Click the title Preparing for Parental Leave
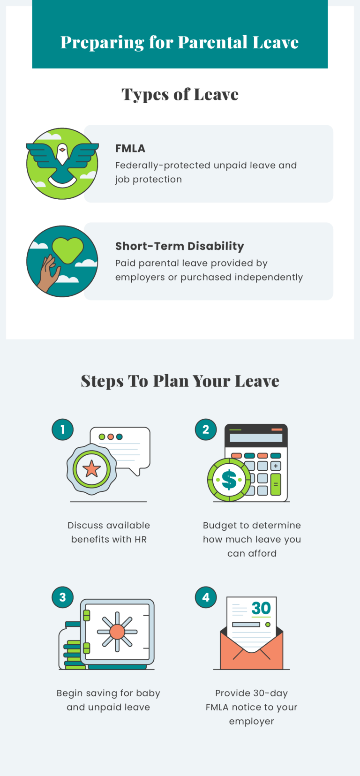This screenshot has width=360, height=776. [180, 42]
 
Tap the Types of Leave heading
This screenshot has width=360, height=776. [180, 94]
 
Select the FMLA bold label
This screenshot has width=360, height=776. [130, 148]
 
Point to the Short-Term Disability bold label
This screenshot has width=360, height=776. [180, 246]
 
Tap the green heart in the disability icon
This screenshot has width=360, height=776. [67, 249]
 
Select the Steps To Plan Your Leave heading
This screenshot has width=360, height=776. [180, 381]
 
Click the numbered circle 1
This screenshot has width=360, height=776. [63, 429]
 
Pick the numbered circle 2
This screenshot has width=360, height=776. [206, 429]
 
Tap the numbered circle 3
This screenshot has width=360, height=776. [63, 597]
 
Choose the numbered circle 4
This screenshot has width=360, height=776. [206, 597]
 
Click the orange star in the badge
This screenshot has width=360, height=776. [91, 468]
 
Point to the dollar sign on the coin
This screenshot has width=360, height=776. [229, 480]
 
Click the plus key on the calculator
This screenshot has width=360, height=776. [276, 466]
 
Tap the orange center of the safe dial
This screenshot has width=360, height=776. [117, 632]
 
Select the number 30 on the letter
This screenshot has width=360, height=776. [261, 608]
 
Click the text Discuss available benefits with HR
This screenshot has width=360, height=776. [109, 532]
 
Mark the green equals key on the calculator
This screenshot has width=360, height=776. [276, 485]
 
